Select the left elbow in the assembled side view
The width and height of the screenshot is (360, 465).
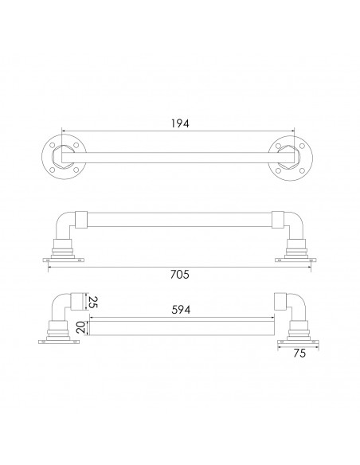[62, 224]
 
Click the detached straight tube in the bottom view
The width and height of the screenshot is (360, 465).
[181, 326]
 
